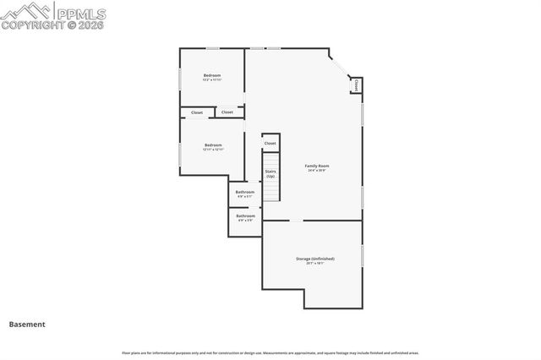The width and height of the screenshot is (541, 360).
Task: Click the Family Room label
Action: [x=317, y=166]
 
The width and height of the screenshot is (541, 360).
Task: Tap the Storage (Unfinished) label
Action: [x=314, y=258]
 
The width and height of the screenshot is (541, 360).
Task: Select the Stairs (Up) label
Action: [x=270, y=173]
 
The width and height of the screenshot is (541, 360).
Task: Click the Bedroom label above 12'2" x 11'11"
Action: [x=212, y=75]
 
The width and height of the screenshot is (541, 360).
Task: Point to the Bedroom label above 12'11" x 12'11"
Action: [x=213, y=145]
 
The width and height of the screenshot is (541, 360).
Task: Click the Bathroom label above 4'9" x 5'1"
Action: [x=245, y=192]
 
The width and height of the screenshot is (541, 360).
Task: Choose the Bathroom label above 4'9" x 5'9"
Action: [x=245, y=215]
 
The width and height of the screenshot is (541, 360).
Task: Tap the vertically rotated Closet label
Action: [x=357, y=85]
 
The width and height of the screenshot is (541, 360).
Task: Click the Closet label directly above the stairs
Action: [x=270, y=143]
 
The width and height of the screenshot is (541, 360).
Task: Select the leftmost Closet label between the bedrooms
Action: [x=197, y=112]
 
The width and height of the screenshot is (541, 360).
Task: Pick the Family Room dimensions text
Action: [x=317, y=171]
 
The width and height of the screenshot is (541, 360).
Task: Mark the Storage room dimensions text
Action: [x=314, y=263]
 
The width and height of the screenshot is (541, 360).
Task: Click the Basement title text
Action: [x=27, y=324]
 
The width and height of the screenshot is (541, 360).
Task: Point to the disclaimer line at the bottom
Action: [x=270, y=352]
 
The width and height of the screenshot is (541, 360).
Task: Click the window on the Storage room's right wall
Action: [x=362, y=254]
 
